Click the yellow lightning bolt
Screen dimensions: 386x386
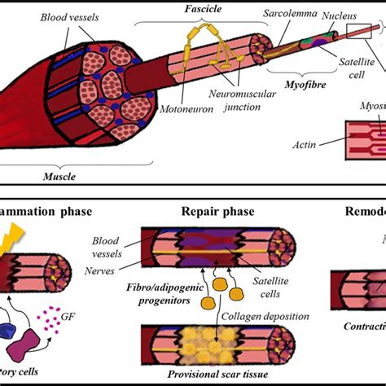point(15,239)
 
